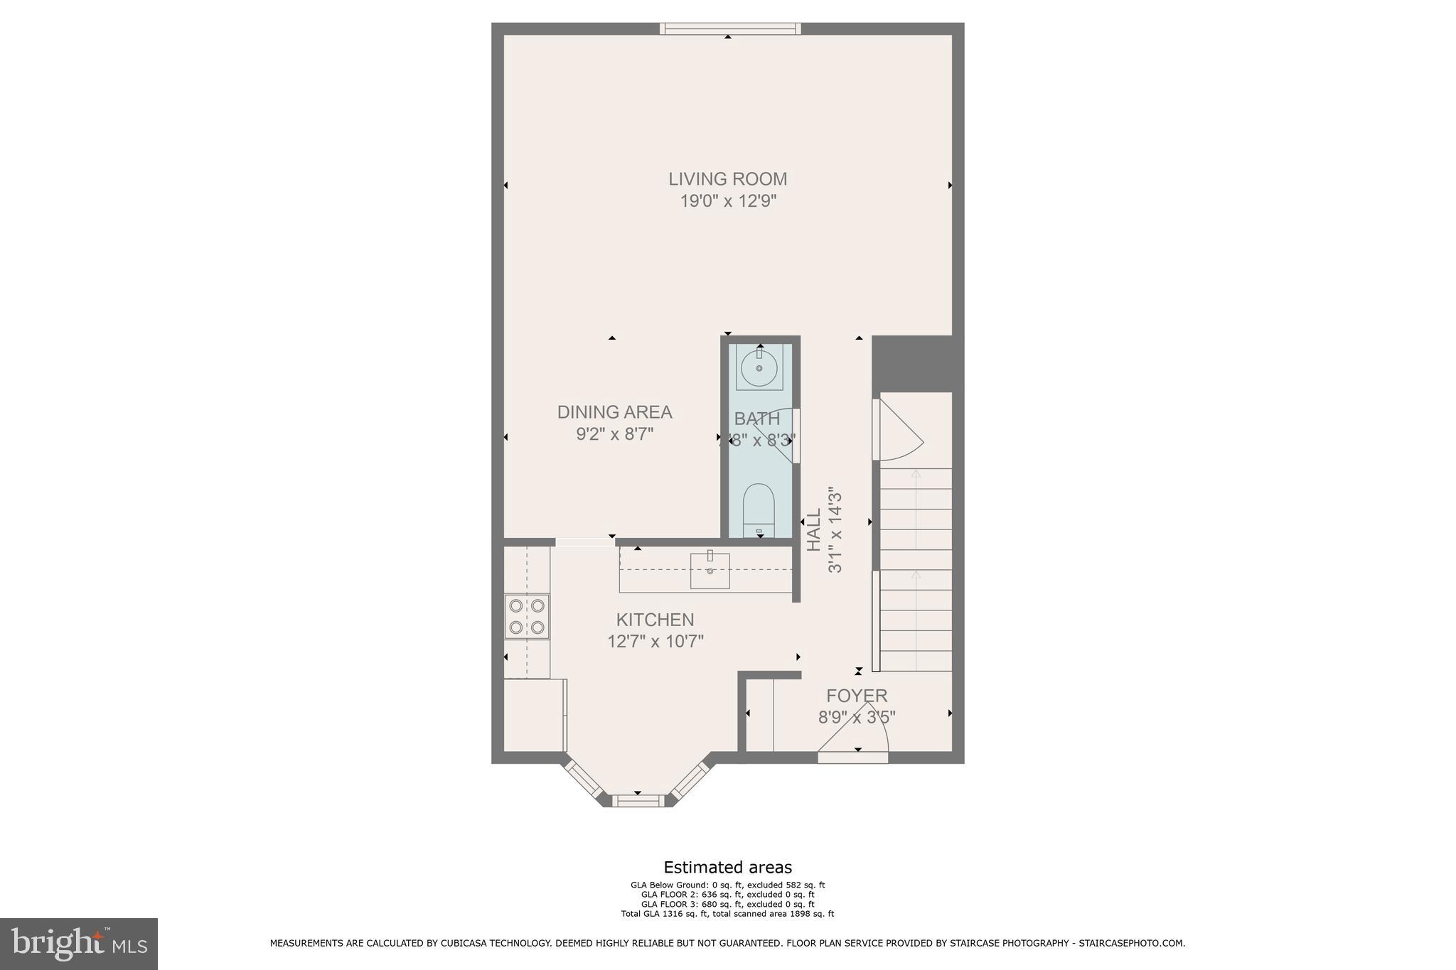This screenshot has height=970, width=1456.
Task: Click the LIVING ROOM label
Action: (727, 179)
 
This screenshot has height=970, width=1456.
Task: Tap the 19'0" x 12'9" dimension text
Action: (727, 201)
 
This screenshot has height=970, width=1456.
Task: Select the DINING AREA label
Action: (614, 412)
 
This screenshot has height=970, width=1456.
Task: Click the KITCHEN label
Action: (655, 620)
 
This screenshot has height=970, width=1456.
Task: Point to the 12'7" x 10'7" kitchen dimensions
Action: (655, 642)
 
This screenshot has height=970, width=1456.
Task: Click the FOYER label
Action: (856, 696)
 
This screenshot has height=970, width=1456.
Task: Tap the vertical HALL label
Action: (814, 529)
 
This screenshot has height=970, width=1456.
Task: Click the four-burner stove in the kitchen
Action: (527, 616)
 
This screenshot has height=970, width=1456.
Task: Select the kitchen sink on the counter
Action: (710, 571)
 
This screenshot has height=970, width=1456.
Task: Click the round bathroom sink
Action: (759, 368)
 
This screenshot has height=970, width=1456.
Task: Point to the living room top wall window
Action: (730, 28)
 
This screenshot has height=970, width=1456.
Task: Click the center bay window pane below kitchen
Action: (638, 801)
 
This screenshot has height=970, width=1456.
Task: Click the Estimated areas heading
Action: (727, 867)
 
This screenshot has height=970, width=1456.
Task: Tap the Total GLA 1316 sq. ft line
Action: (727, 914)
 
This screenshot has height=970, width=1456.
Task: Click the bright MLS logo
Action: (79, 944)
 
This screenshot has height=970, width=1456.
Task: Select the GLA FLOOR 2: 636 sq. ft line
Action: (727, 895)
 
